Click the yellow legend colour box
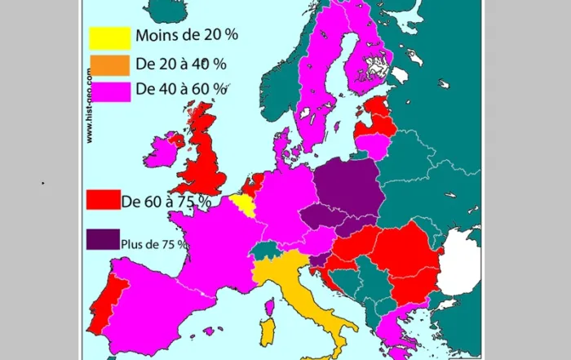(109, 38)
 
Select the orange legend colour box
(109, 64)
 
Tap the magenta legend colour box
(109, 89)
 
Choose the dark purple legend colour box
(103, 239)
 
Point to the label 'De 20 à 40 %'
(181, 63)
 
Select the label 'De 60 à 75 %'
(166, 201)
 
